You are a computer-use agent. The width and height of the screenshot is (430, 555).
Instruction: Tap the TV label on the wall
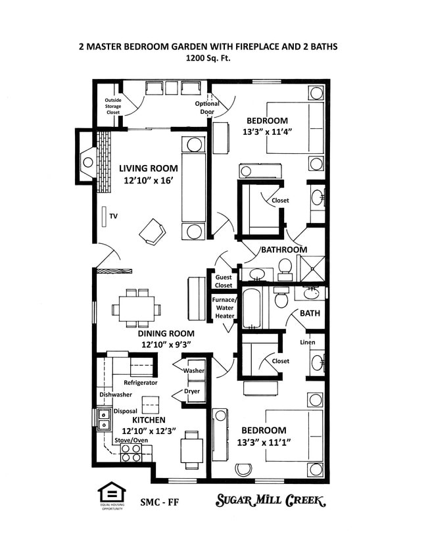(x=113, y=215)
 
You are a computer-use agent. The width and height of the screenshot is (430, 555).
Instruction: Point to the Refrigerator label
(x=141, y=382)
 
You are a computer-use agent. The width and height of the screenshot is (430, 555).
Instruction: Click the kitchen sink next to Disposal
(x=103, y=419)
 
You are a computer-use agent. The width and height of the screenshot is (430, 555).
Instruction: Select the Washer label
(x=193, y=370)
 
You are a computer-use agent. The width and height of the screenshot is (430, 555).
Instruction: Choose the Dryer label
(x=192, y=391)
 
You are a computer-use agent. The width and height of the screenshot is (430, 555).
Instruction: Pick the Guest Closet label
(x=224, y=281)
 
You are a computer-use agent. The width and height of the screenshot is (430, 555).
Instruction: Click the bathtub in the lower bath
(x=252, y=308)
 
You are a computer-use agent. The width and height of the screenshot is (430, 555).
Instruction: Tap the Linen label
(x=307, y=343)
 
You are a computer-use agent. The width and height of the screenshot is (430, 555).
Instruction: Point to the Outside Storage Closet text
(x=113, y=107)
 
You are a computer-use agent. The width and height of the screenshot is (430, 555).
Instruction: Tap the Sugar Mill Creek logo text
(x=271, y=501)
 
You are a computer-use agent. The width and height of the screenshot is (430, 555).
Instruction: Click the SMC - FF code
(x=160, y=502)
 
